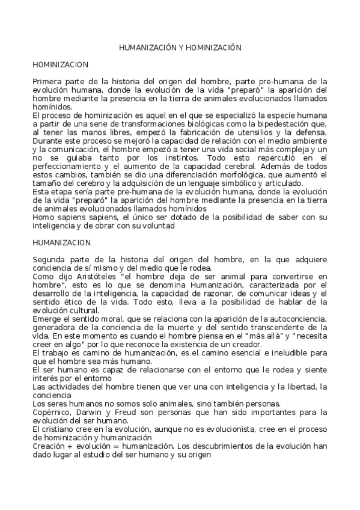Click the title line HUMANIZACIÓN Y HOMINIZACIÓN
coord(180,46)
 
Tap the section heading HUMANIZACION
coord(61,242)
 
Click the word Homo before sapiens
coord(42,217)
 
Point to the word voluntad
coord(157,226)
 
